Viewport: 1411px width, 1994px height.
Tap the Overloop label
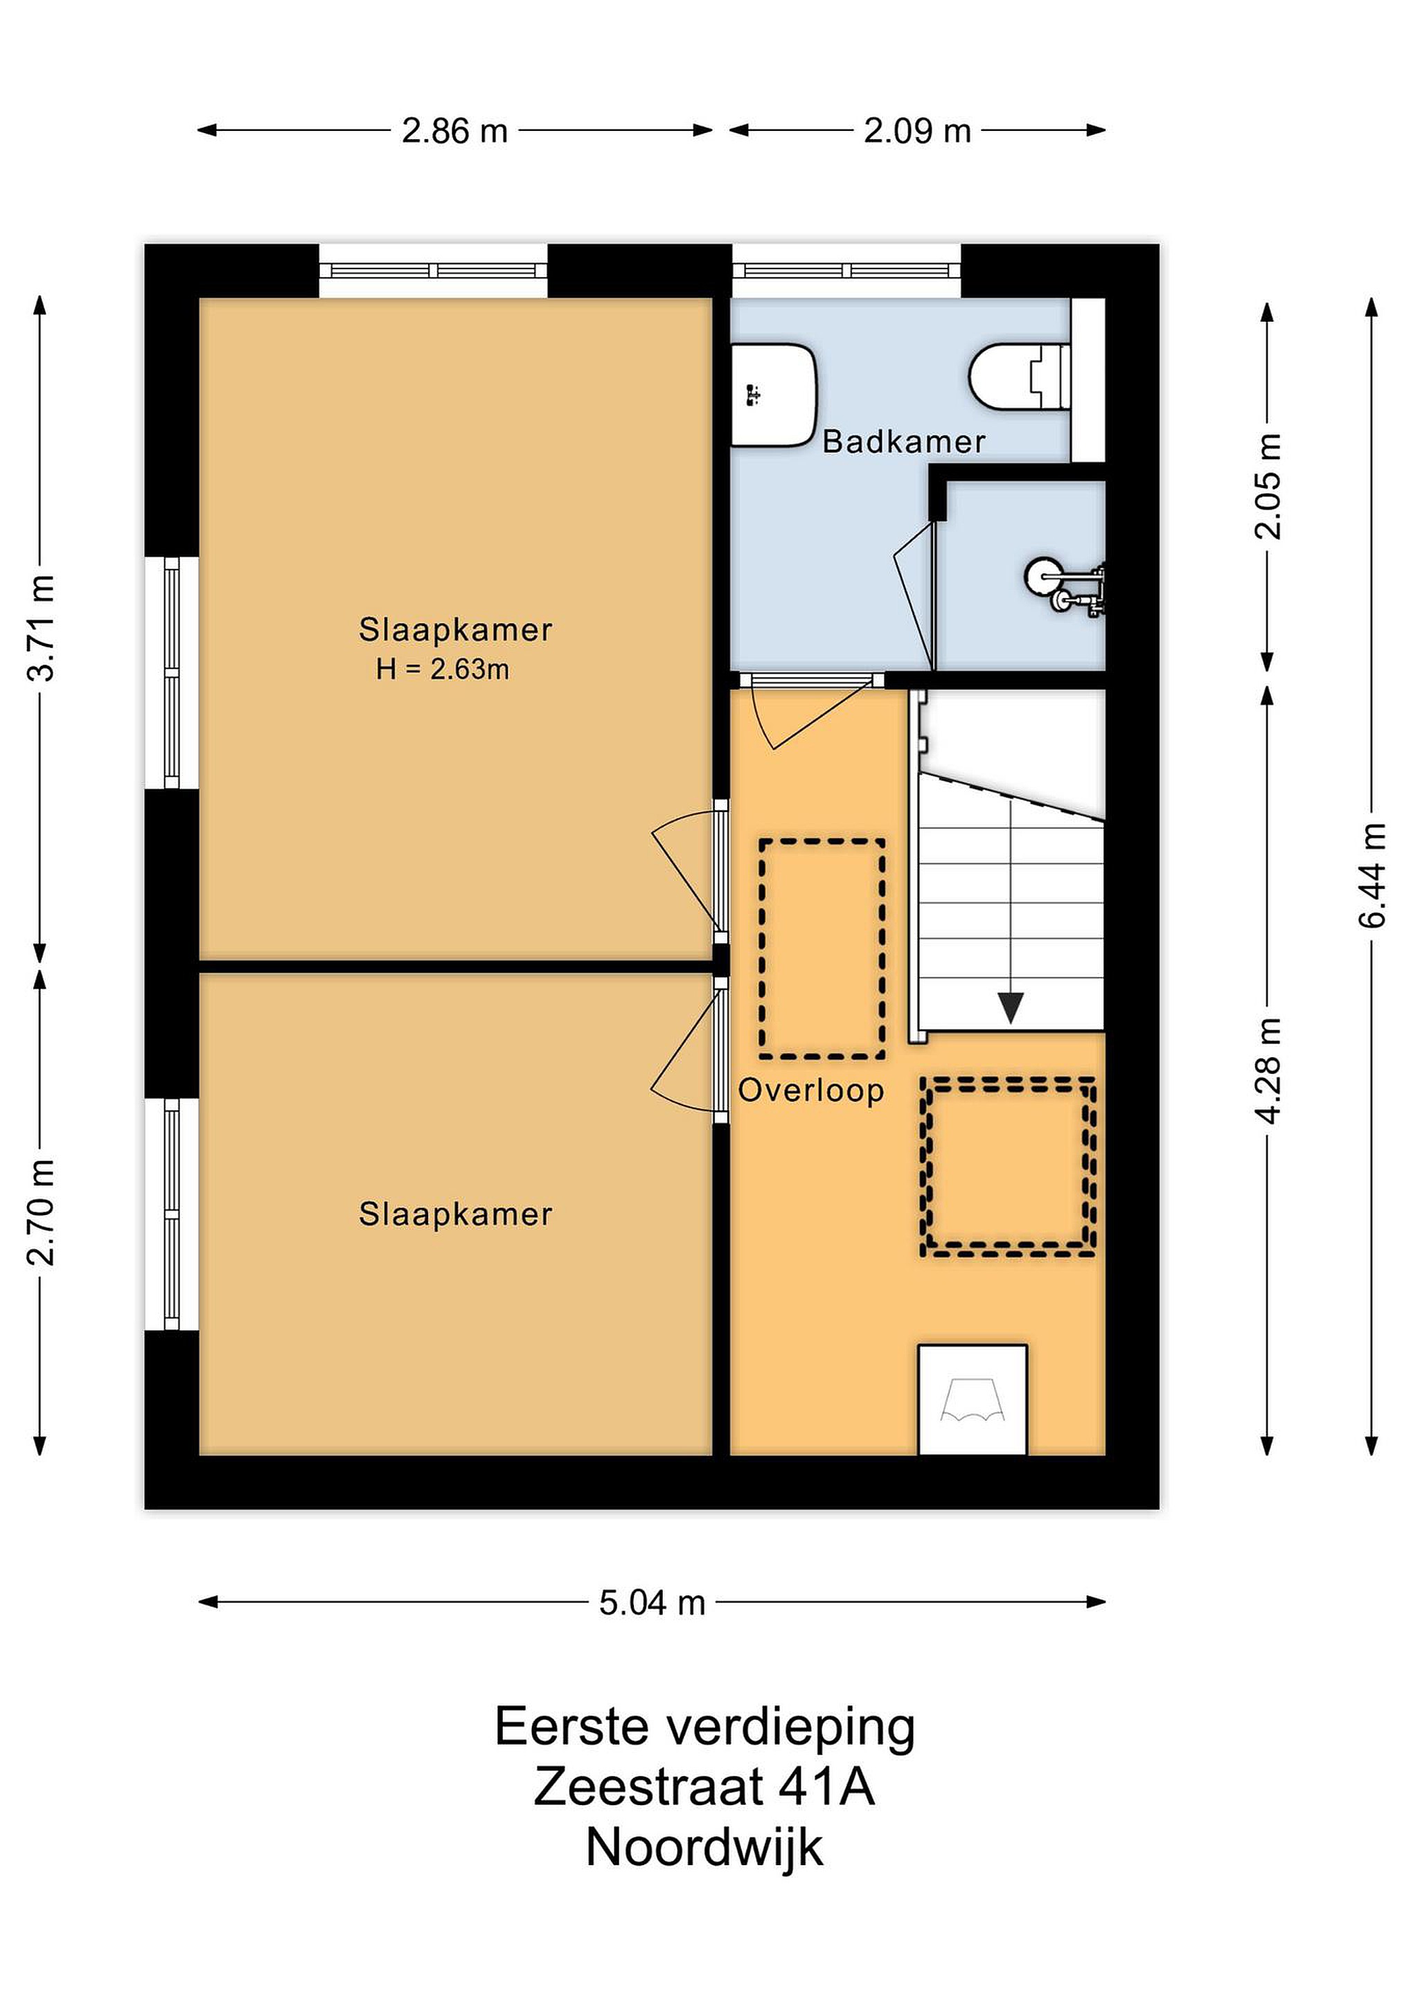tap(810, 1090)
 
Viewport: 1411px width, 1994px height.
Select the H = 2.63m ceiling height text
tap(442, 670)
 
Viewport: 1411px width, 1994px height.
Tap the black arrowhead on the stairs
tap(1010, 1007)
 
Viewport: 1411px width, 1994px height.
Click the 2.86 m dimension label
tap(454, 131)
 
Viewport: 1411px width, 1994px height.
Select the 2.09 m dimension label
tap(916, 131)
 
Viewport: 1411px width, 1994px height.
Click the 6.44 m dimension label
tap(1372, 874)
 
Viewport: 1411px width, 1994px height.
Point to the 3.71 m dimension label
tap(41, 627)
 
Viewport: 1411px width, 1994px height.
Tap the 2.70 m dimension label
tap(41, 1212)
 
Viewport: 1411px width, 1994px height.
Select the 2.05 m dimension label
tap(1268, 485)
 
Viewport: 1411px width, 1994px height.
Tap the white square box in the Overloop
tap(973, 1400)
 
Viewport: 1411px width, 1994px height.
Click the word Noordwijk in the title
tap(704, 1847)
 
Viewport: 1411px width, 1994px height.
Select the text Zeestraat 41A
tap(704, 1786)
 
